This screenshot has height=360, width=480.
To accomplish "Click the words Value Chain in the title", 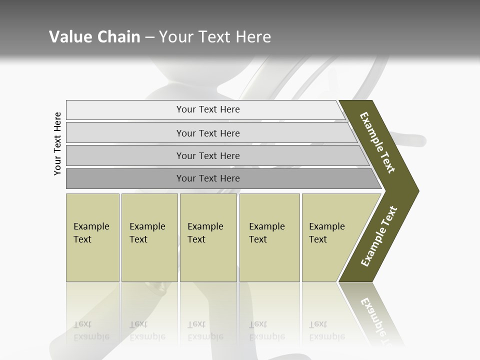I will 94,37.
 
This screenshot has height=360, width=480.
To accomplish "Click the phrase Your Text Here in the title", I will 215,37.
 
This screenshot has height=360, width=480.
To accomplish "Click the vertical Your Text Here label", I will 57,143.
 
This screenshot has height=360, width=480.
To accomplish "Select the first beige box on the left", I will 92,237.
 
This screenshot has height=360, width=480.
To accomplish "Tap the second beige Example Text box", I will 149,237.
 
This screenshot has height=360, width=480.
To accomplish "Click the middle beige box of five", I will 208,237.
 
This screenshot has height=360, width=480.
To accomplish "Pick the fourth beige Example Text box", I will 269,237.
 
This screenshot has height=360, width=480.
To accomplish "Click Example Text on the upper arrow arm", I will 377,142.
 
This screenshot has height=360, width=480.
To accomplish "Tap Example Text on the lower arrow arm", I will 379,236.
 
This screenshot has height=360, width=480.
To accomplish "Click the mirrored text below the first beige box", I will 91,330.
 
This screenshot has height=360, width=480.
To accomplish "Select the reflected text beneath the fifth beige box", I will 326,330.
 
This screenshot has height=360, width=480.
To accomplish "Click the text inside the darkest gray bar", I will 208,178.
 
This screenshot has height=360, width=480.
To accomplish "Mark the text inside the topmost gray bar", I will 208,109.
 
